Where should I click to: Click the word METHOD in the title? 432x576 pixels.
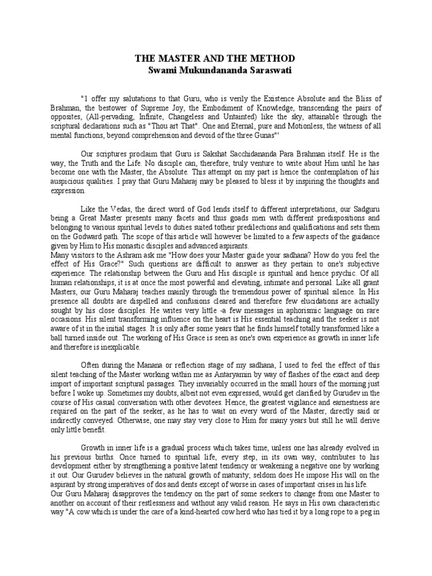click(272, 59)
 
